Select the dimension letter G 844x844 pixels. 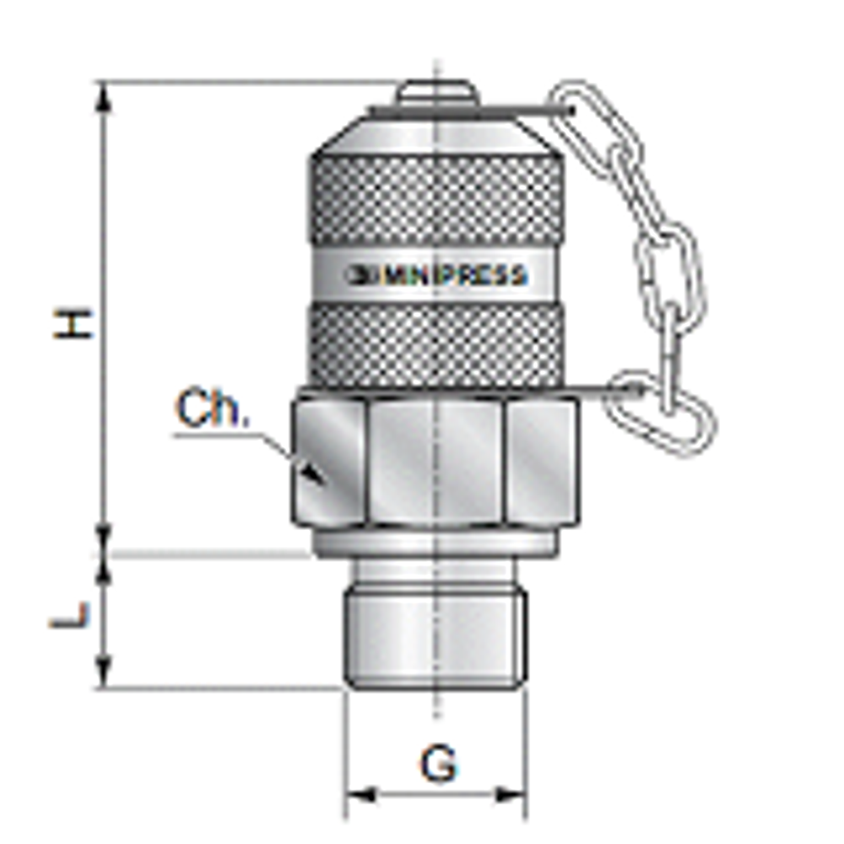(439, 764)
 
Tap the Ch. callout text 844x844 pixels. (213, 410)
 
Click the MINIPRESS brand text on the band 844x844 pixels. (439, 275)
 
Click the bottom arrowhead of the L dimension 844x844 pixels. (104, 675)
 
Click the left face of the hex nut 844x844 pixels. (329, 461)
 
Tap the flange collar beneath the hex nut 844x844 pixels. (435, 542)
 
